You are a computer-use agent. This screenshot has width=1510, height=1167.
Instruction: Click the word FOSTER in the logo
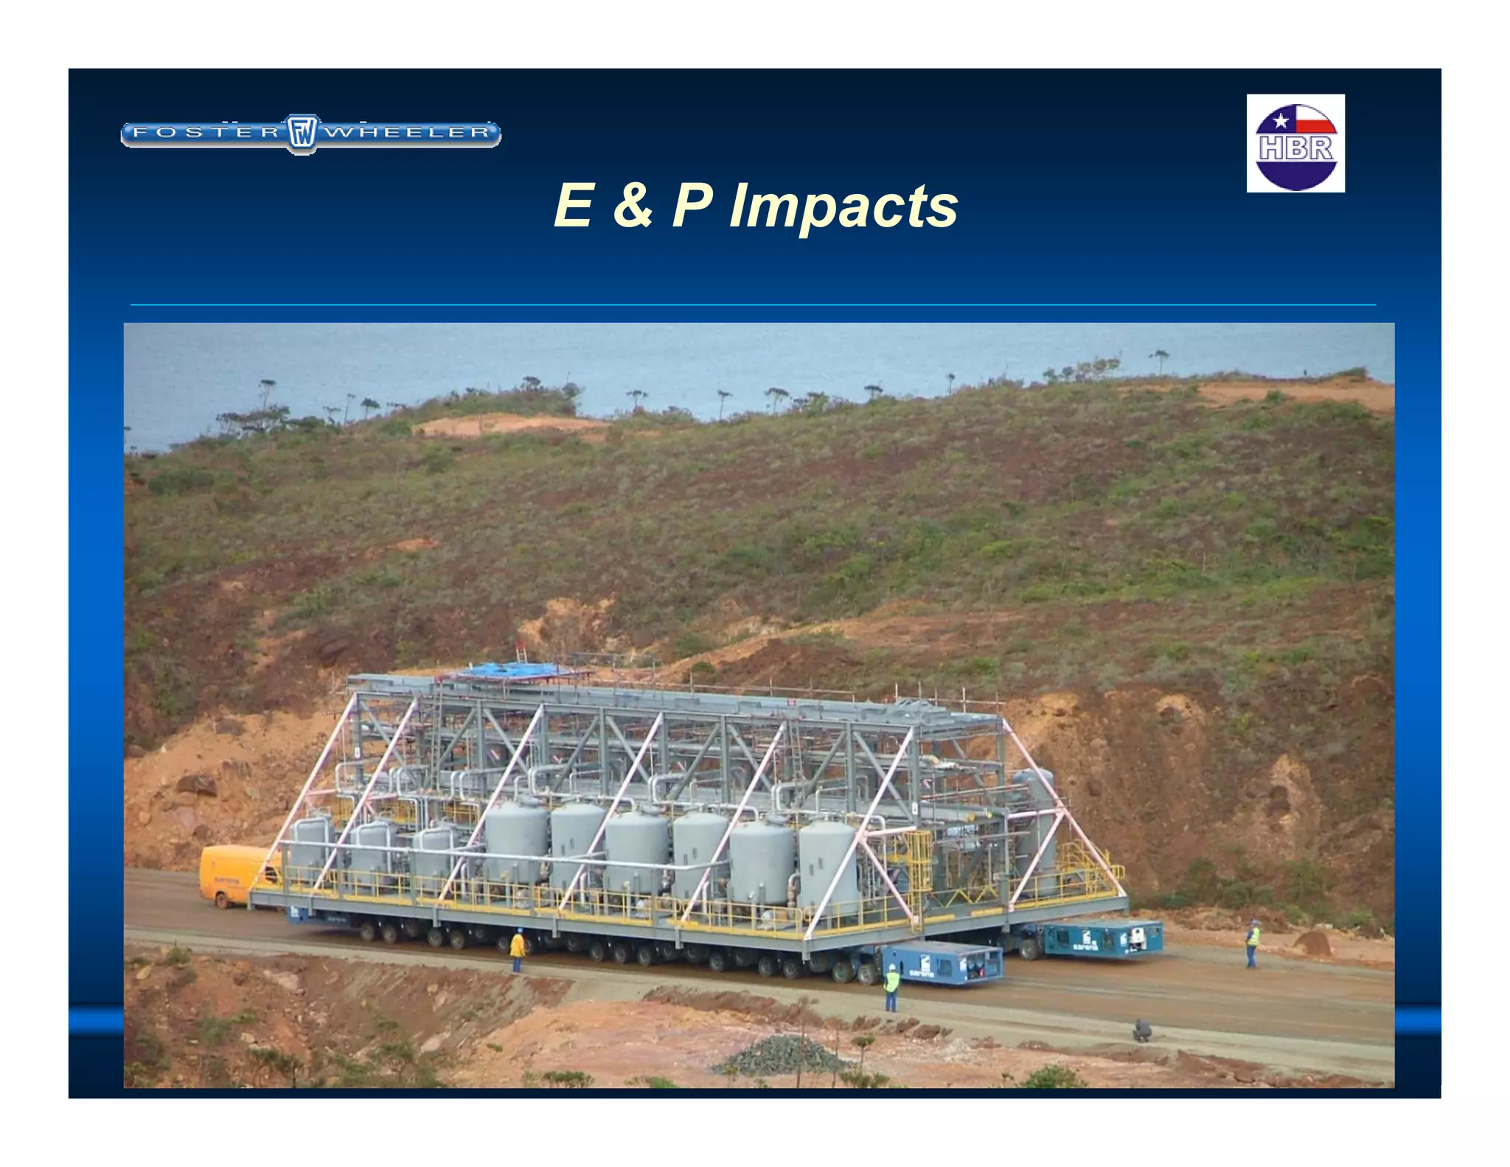pos(206,133)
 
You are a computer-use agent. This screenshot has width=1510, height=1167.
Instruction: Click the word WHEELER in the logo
pos(408,133)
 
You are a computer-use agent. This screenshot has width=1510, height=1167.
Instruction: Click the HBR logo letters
pos(1295,149)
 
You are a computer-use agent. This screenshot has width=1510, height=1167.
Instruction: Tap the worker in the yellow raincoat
pos(518,949)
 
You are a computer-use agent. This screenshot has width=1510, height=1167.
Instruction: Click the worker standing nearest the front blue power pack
pos(891,986)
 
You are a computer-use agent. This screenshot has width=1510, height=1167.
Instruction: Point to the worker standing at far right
pos(1253,944)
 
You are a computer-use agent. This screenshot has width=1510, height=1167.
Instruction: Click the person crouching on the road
pos(1141,1030)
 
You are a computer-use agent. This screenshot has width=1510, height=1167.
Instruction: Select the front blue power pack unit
pos(942,963)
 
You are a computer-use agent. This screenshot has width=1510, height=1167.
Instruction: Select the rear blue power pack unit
pos(1102,938)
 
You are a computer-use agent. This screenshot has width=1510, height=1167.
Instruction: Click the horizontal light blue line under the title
pos(752,304)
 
